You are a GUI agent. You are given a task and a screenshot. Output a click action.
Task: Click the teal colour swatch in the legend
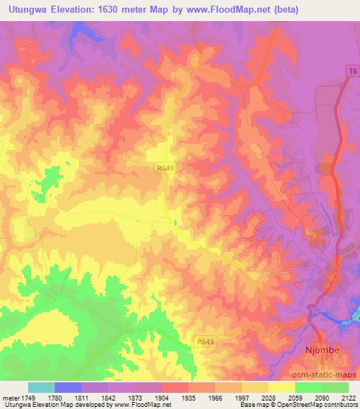coord(41,387)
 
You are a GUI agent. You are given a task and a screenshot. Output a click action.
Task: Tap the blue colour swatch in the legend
coord(68,387)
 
